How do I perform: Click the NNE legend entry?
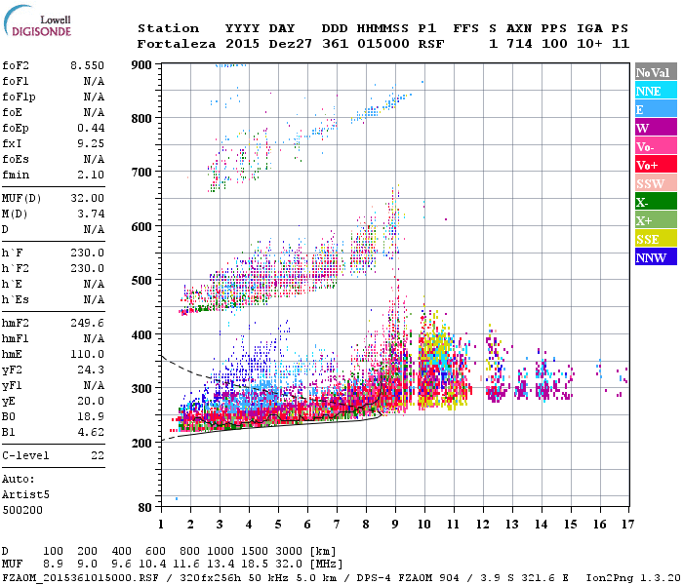click(654, 91)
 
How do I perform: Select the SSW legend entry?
click(654, 183)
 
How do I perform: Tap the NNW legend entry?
click(654, 257)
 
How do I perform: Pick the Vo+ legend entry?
click(654, 165)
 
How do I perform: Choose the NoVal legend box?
click(654, 72)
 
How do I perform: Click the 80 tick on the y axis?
click(146, 508)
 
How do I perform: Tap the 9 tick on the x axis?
click(395, 524)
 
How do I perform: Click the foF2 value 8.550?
click(87, 64)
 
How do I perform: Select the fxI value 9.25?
click(91, 143)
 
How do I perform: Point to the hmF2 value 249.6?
click(87, 322)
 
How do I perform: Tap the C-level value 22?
click(98, 454)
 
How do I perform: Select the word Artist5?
click(25, 494)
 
